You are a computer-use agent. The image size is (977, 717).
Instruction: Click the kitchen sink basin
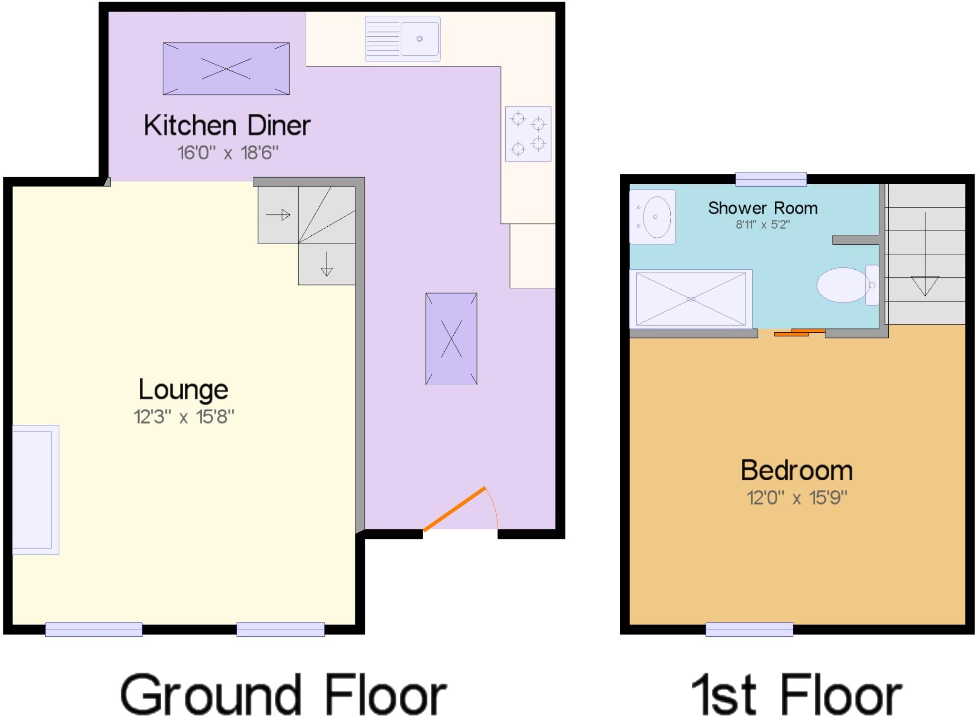pos(419,39)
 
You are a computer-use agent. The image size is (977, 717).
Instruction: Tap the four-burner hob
pos(528,134)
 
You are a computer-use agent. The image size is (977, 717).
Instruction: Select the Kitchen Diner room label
pos(227,126)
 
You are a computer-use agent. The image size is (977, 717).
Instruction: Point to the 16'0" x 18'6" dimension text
pos(228,153)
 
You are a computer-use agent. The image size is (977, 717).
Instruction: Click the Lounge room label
pos(183,390)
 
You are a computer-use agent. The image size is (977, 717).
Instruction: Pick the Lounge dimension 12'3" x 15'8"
pos(184,417)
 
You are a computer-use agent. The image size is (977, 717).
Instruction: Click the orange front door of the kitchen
pos(454,509)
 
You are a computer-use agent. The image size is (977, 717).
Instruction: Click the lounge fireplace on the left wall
pos(33,490)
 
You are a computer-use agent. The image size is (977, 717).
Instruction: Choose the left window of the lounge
pos(94,630)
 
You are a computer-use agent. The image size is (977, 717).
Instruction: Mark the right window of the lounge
pos(281,630)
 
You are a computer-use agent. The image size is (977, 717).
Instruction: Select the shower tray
pos(691,299)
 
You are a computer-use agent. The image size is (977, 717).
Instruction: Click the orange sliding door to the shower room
pos(799,333)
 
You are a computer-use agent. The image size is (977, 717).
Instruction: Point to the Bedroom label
pos(797,470)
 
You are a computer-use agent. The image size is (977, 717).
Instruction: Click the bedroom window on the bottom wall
pos(749,630)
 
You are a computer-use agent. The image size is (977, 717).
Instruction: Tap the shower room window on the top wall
pos(771,179)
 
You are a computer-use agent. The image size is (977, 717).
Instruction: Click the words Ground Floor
pos(283,695)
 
